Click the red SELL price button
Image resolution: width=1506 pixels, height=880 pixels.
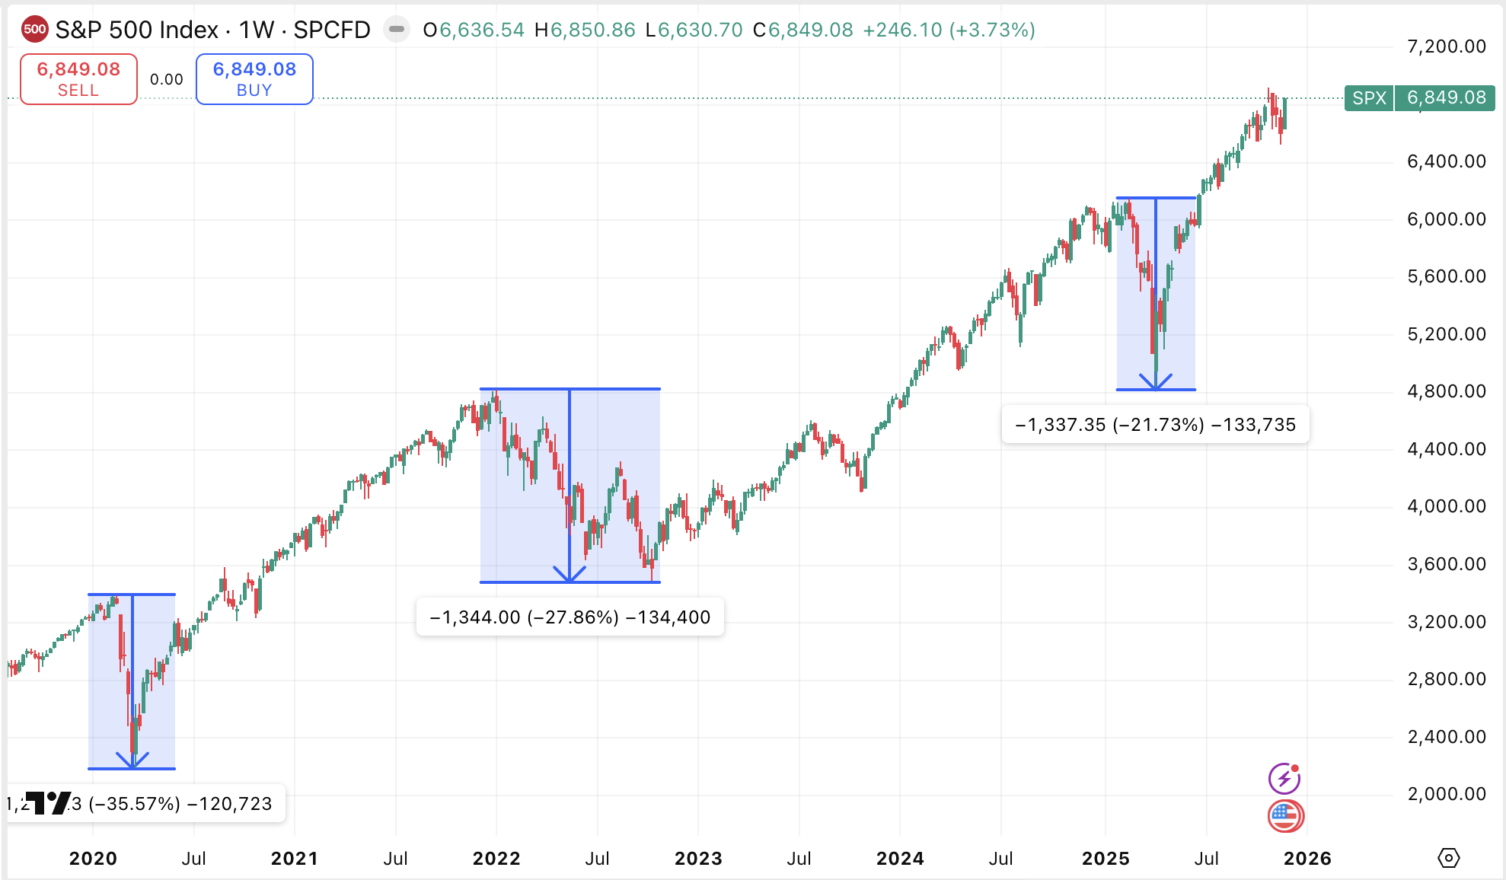(x=78, y=78)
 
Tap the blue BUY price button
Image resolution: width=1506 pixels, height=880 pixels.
(x=254, y=78)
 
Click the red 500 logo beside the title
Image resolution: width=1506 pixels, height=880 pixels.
(x=34, y=30)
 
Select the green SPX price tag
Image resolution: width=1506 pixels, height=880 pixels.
(x=1419, y=97)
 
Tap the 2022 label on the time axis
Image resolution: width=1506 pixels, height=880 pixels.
(x=496, y=859)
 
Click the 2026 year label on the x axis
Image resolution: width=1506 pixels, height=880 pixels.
(x=1307, y=859)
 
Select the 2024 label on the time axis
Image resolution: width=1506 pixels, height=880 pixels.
(x=900, y=859)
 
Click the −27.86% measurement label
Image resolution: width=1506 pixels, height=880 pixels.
(x=570, y=617)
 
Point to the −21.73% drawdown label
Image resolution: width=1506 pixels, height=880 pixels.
(x=1155, y=425)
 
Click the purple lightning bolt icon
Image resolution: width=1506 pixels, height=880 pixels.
(x=1284, y=779)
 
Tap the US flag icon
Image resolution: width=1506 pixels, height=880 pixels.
(x=1285, y=816)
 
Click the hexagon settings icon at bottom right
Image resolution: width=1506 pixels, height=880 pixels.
(x=1448, y=858)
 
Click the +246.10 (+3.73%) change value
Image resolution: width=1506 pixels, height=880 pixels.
(x=949, y=30)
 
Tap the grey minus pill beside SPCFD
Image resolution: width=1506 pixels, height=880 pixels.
(x=396, y=30)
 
